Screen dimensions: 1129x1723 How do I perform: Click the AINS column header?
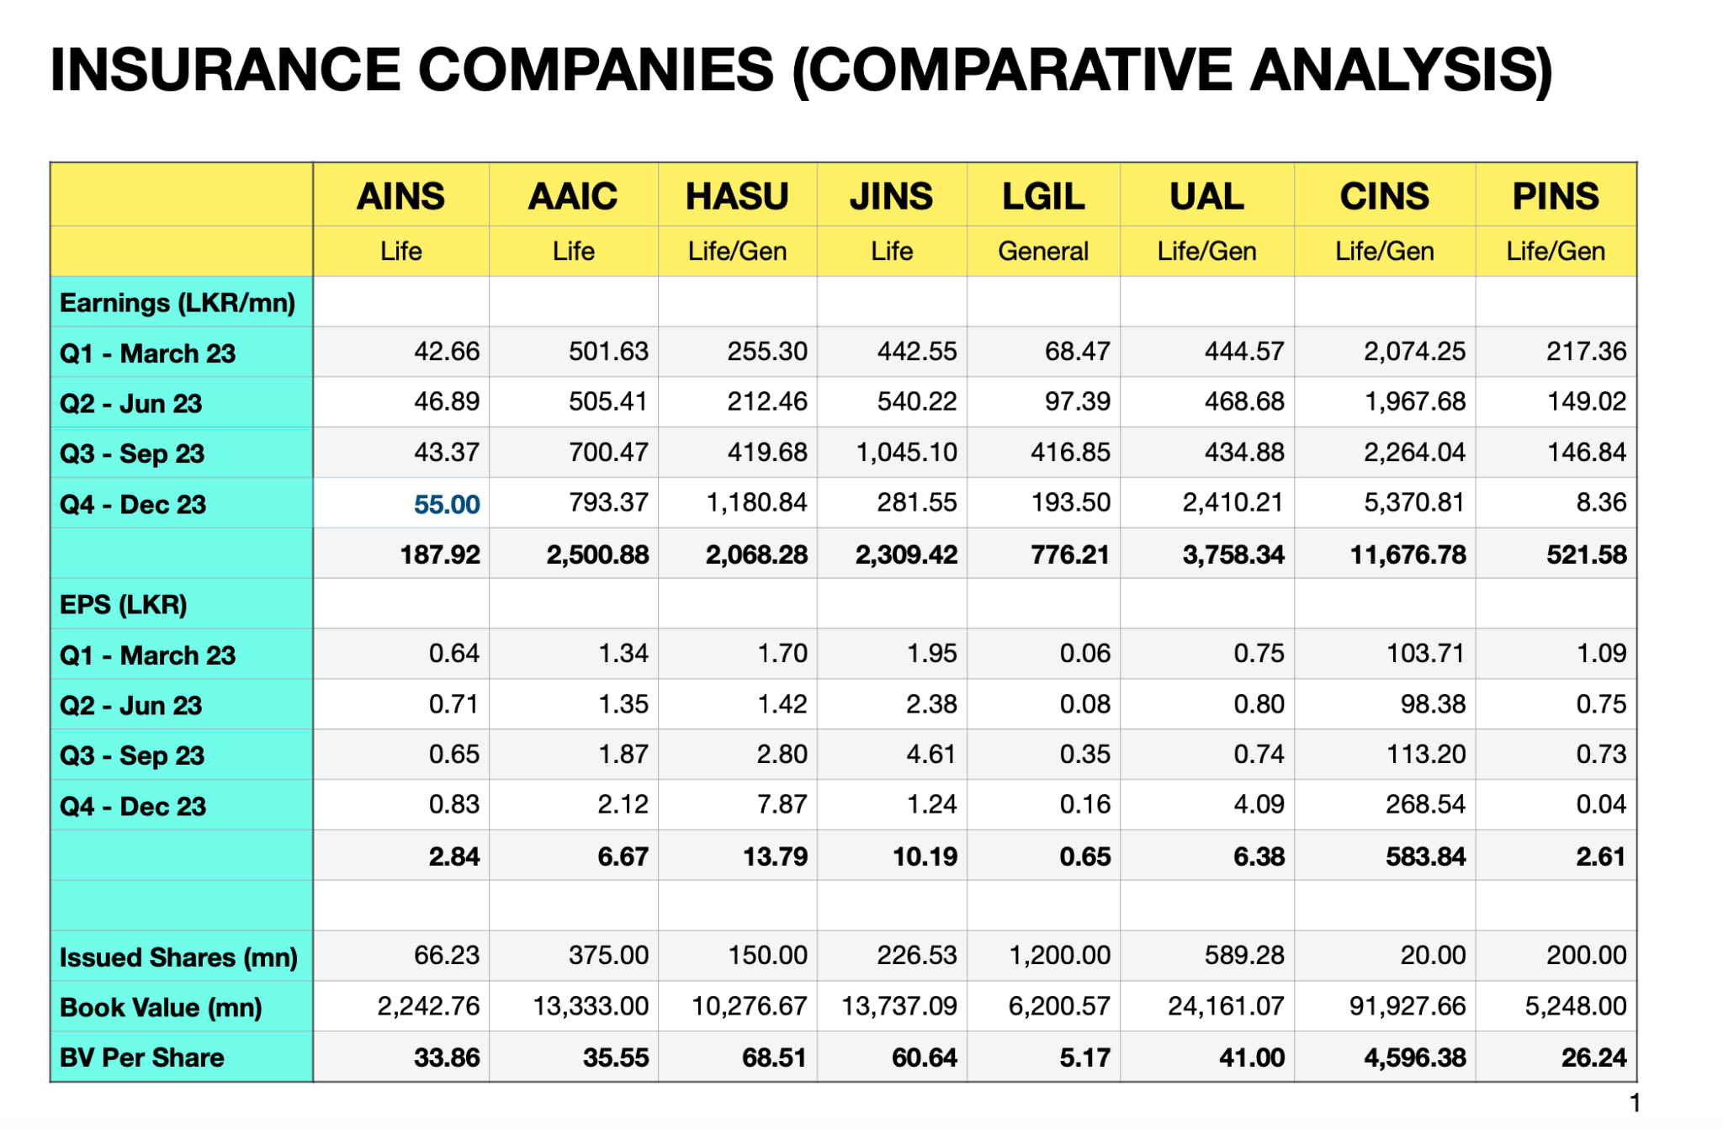coord(400,196)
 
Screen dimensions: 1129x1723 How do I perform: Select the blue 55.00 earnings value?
coord(446,504)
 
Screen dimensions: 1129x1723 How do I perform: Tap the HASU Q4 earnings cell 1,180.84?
coord(755,503)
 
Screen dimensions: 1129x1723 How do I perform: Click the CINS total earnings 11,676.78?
coord(1408,554)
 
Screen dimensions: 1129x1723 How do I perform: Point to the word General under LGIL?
coord(1042,251)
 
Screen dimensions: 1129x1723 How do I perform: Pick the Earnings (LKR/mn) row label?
coord(178,303)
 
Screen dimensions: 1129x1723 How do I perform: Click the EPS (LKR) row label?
coord(124,604)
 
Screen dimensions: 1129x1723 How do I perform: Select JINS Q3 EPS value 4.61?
coord(930,754)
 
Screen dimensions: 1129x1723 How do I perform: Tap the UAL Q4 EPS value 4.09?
coord(1259,804)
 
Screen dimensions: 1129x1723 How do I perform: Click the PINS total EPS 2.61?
coord(1600,856)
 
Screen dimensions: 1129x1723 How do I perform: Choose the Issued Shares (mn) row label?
coord(178,957)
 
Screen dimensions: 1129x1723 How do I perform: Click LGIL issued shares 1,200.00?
coord(1059,956)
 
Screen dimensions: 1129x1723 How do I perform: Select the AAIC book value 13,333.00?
coord(591,1006)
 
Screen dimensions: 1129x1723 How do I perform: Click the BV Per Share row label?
coord(142,1057)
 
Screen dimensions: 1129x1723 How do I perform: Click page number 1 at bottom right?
coord(1635,1103)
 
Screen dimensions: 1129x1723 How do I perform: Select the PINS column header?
coord(1555,196)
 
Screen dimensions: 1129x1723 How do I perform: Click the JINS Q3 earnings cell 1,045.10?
coord(906,453)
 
